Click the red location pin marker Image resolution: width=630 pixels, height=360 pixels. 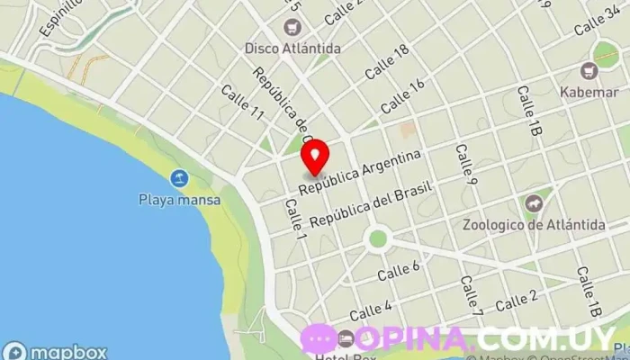315,158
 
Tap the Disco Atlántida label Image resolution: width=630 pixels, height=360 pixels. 292,48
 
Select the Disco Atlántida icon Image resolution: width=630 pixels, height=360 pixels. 292,27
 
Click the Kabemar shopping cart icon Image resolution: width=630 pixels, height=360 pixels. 590,70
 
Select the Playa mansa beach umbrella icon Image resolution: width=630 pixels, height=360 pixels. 180,178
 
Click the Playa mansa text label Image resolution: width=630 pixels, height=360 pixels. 180,199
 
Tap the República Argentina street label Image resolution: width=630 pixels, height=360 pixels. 361,173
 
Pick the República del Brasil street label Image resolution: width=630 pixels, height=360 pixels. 371,203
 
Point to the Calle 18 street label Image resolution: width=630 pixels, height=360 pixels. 387,61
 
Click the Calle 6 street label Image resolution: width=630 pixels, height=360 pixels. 399,269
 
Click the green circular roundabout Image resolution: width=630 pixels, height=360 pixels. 378,238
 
